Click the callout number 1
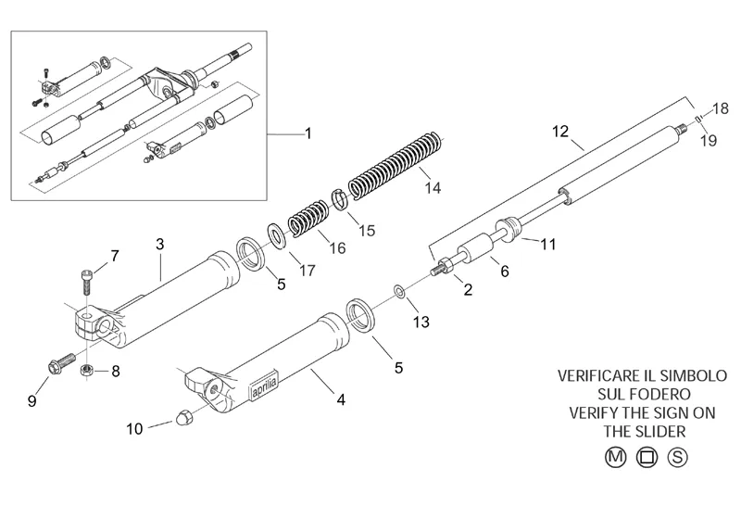click(308, 133)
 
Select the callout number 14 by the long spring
click(432, 187)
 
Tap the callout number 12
click(559, 132)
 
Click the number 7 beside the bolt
click(115, 255)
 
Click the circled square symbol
click(646, 456)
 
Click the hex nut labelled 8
click(88, 371)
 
